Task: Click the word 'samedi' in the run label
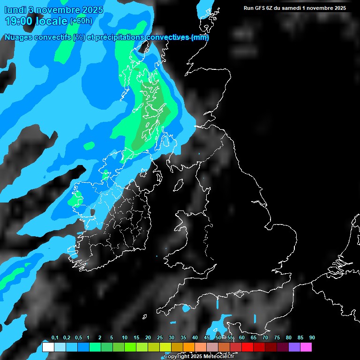pyautogui.click(x=296, y=8)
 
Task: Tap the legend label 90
pyautogui.click(x=312, y=337)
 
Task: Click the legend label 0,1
pyautogui.click(x=55, y=337)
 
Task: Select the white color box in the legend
pyautogui.click(x=48, y=347)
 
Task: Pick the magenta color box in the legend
pyautogui.click(x=306, y=347)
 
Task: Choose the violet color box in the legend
pyautogui.click(x=294, y=347)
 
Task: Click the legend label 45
pyautogui.click(x=207, y=337)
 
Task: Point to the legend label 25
pyautogui.click(x=160, y=337)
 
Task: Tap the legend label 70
pyautogui.click(x=265, y=337)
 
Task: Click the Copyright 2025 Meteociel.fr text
pyautogui.click(x=199, y=356)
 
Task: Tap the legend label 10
pyautogui.click(x=125, y=337)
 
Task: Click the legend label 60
pyautogui.click(x=242, y=337)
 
